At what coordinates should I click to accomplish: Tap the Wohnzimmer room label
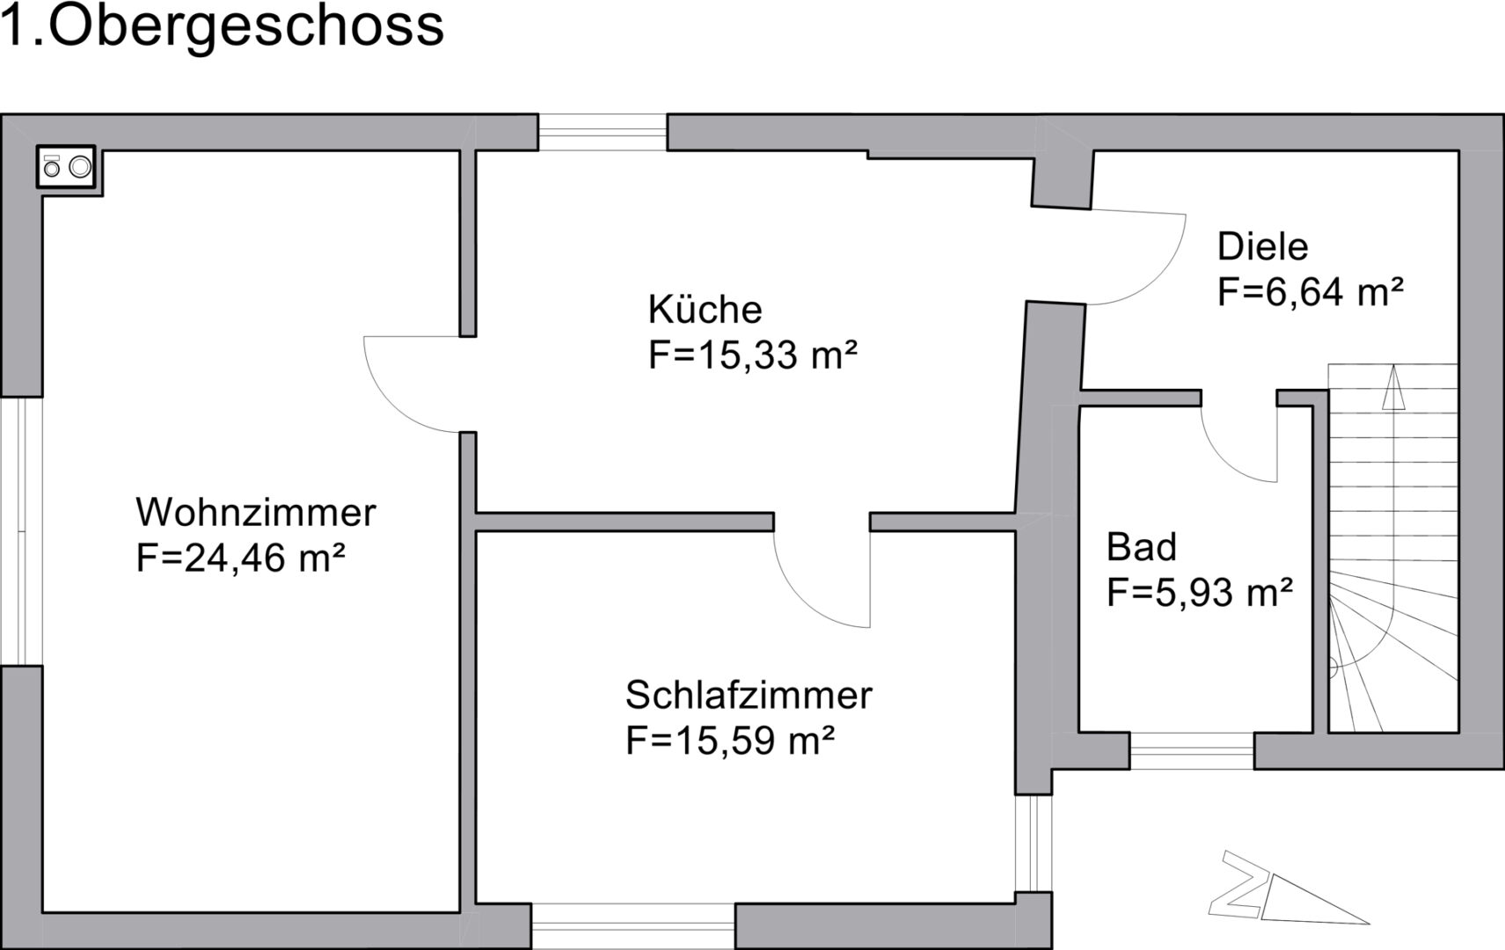click(x=255, y=512)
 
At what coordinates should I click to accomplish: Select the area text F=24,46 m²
click(x=239, y=558)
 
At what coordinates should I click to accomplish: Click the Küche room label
click(x=705, y=310)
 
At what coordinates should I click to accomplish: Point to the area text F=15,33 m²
click(x=752, y=355)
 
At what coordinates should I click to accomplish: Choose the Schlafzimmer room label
click(x=748, y=695)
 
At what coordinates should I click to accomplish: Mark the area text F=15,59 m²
click(x=729, y=741)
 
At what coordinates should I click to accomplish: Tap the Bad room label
click(x=1141, y=547)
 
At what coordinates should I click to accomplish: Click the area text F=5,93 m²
click(x=1199, y=593)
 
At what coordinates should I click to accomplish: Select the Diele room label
click(x=1262, y=246)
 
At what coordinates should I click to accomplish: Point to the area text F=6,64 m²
click(x=1310, y=292)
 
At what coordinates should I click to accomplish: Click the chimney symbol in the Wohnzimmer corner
click(x=67, y=166)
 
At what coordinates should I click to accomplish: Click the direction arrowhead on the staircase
click(x=1392, y=389)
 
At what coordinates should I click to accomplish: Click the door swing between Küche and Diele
click(x=1139, y=257)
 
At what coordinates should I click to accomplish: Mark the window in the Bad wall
click(x=1192, y=750)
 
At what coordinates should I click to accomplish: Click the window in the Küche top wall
click(x=603, y=132)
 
